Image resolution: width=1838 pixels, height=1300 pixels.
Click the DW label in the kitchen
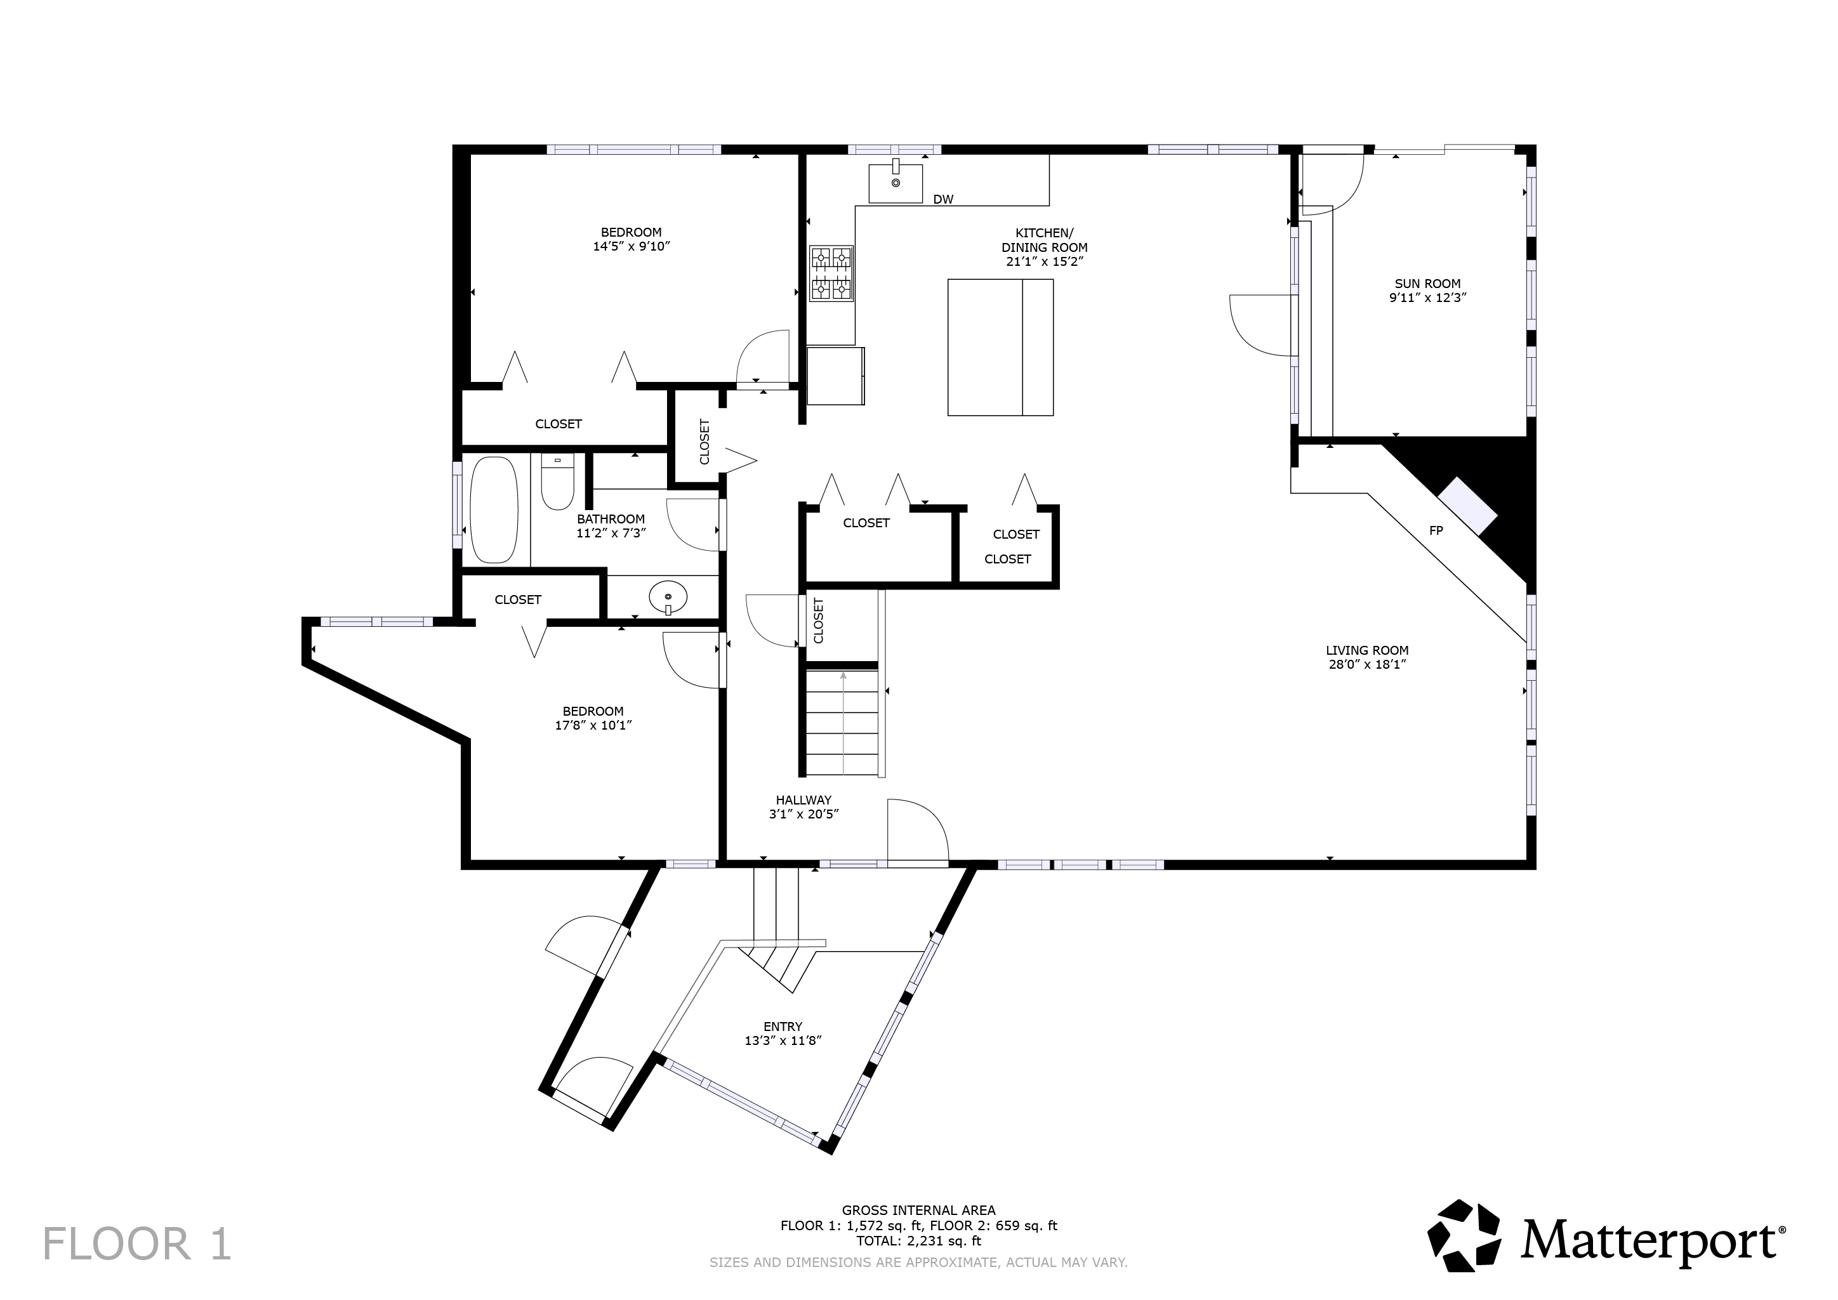point(943,199)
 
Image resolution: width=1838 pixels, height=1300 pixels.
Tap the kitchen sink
point(896,183)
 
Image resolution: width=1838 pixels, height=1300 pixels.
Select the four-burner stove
point(832,274)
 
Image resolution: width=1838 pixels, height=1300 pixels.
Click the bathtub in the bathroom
point(494,511)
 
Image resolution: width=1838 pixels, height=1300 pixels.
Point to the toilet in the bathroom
point(557,481)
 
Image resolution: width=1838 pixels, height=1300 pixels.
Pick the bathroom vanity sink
point(668,597)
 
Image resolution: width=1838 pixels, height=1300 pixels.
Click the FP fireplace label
point(1436,531)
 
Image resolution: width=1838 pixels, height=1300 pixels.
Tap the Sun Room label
point(1427,284)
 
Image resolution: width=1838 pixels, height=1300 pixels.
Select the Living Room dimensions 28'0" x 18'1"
point(1367,664)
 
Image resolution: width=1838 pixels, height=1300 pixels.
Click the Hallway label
point(803,799)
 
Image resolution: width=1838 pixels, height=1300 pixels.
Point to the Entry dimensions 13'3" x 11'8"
point(783,1041)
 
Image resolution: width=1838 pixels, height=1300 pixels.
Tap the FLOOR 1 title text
point(137,1244)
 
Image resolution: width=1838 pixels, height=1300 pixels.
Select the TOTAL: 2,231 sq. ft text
point(918,1242)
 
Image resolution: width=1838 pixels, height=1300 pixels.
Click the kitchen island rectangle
point(1000,348)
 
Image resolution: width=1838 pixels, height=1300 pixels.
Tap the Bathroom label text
point(611,519)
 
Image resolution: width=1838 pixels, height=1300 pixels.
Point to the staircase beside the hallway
point(842,722)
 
